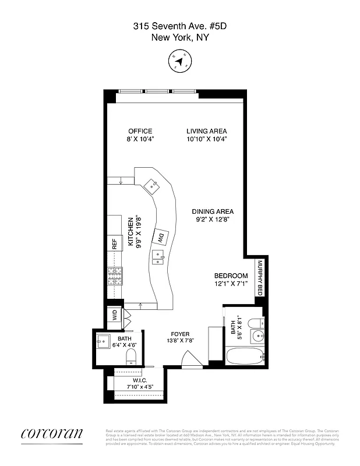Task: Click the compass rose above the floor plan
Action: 179,61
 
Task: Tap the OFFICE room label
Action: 140,131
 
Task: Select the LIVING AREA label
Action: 206,131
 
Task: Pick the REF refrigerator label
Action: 115,243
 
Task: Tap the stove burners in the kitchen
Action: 115,275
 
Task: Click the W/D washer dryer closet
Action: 115,315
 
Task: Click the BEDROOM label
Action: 231,276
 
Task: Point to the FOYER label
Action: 180,334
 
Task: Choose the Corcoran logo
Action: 52,434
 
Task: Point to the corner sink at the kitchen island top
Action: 154,186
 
